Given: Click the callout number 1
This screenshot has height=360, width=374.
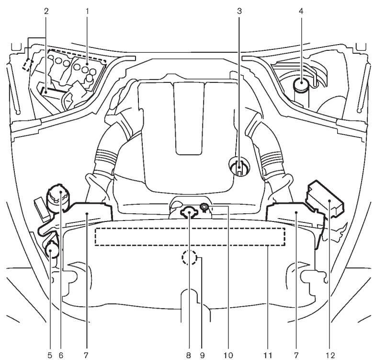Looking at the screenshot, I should tap(87, 9).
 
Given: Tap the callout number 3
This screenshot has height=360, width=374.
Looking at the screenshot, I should tap(238, 9).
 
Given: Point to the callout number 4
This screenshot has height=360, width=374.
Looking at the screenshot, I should tap(301, 9).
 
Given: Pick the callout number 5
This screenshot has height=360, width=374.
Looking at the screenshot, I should tap(50, 355).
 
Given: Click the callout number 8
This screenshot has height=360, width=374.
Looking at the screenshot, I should tap(191, 355).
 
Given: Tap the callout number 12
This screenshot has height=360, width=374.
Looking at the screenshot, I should tap(328, 355).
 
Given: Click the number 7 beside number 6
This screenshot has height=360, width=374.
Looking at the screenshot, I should tap(87, 355).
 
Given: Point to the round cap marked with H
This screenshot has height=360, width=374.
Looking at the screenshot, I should tap(238, 168).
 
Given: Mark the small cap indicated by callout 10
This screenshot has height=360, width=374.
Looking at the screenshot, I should tap(204, 208).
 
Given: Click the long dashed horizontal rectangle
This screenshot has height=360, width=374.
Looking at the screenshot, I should tap(190, 237).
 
